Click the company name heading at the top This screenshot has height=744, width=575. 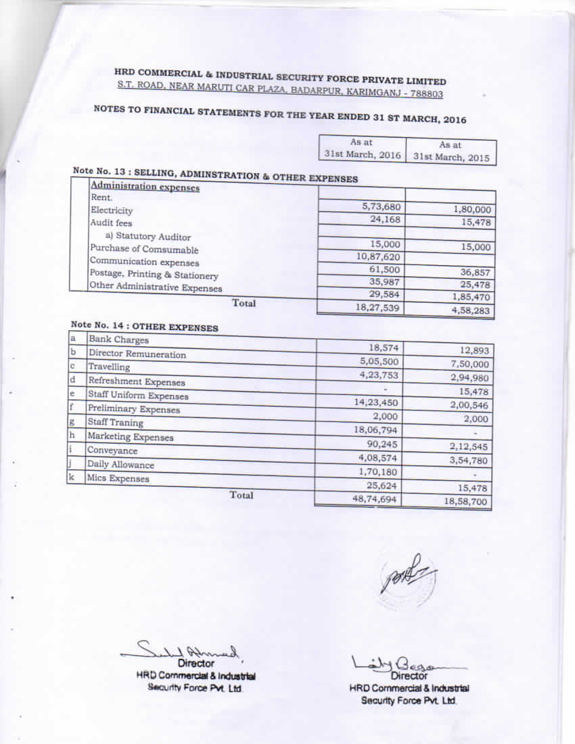(280, 80)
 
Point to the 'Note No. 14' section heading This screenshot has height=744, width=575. (144, 326)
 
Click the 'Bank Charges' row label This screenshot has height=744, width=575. (118, 340)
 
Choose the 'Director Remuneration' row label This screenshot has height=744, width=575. (137, 354)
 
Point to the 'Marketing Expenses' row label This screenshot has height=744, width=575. (130, 437)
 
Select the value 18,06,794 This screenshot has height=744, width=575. (375, 429)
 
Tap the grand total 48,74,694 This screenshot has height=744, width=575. (375, 499)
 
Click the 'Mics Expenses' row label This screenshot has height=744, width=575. (118, 478)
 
